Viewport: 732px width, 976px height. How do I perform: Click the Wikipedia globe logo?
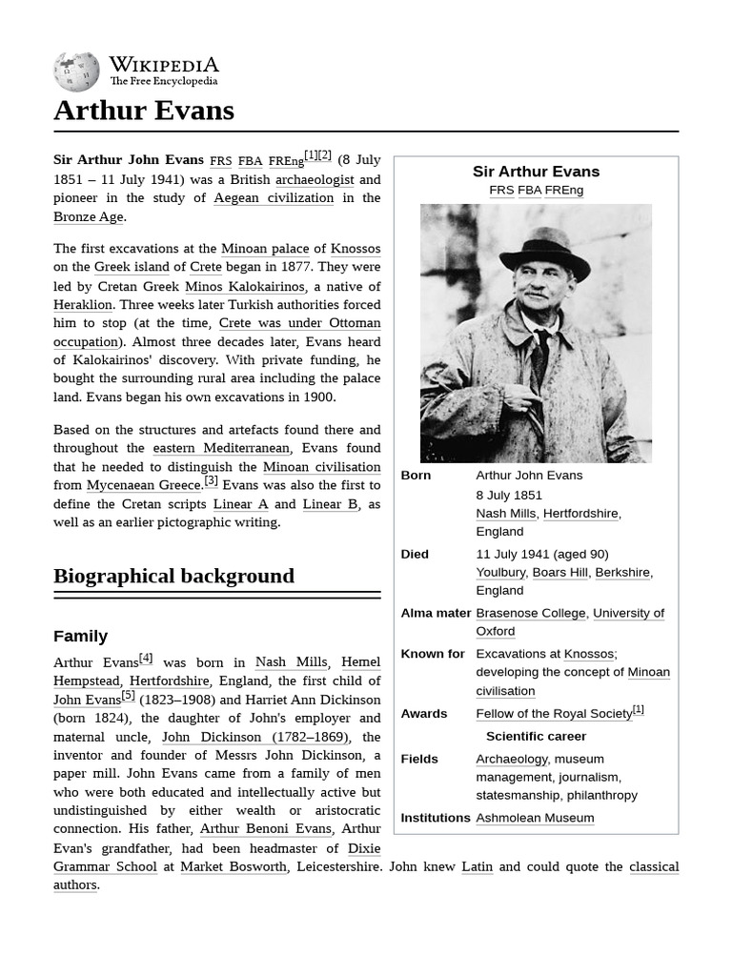click(x=76, y=71)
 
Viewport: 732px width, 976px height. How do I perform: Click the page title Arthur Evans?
click(x=143, y=111)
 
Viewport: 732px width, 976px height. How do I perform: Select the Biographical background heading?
click(x=173, y=576)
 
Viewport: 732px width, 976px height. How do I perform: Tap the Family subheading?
click(x=80, y=636)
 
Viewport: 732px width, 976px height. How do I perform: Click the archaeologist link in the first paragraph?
click(x=315, y=179)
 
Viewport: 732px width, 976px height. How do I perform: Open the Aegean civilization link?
click(x=274, y=198)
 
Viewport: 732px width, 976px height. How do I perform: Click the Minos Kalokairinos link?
click(x=244, y=286)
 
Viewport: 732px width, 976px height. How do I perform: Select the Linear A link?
click(x=240, y=504)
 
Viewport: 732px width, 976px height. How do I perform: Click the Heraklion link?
click(x=83, y=305)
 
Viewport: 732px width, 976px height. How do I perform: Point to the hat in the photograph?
click(x=544, y=253)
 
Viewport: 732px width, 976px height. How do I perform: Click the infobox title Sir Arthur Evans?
click(x=536, y=172)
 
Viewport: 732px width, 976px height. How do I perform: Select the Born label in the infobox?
click(x=416, y=476)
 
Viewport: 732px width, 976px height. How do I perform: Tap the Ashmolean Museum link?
click(x=535, y=818)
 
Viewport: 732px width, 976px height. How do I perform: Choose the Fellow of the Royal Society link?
click(x=553, y=714)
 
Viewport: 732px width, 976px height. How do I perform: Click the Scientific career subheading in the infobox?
click(x=536, y=736)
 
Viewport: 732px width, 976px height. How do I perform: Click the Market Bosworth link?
click(x=234, y=866)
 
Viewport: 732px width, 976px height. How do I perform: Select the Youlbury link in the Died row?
click(x=500, y=573)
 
